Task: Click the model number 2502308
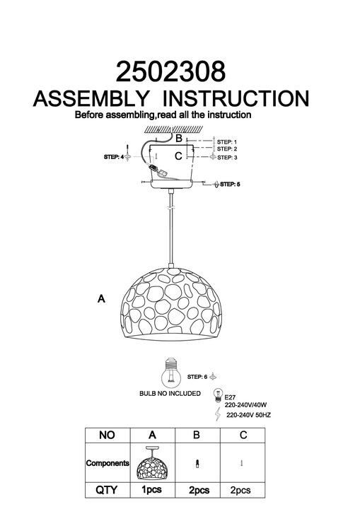pyautogui.click(x=170, y=71)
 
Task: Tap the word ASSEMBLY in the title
pyautogui.click(x=91, y=98)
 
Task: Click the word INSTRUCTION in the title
pyautogui.click(x=236, y=98)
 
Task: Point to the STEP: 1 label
pyautogui.click(x=227, y=142)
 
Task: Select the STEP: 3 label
pyautogui.click(x=227, y=158)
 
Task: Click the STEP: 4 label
pyautogui.click(x=114, y=157)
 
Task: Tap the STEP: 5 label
pyautogui.click(x=230, y=184)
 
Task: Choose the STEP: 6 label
pyautogui.click(x=197, y=377)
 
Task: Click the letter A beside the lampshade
pyautogui.click(x=101, y=298)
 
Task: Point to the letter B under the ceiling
pyautogui.click(x=179, y=139)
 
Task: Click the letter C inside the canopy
pyautogui.click(x=178, y=156)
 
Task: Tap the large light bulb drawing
pyautogui.click(x=171, y=373)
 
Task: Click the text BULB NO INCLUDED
pyautogui.click(x=170, y=394)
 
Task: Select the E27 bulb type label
pyautogui.click(x=230, y=397)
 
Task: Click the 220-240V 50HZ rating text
pyautogui.click(x=248, y=415)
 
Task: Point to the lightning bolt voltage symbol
pyautogui.click(x=218, y=414)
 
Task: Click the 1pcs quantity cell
pyautogui.click(x=152, y=489)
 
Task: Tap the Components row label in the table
pyautogui.click(x=108, y=463)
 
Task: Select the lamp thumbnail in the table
pyautogui.click(x=152, y=464)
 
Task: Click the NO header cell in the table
pyautogui.click(x=108, y=435)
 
